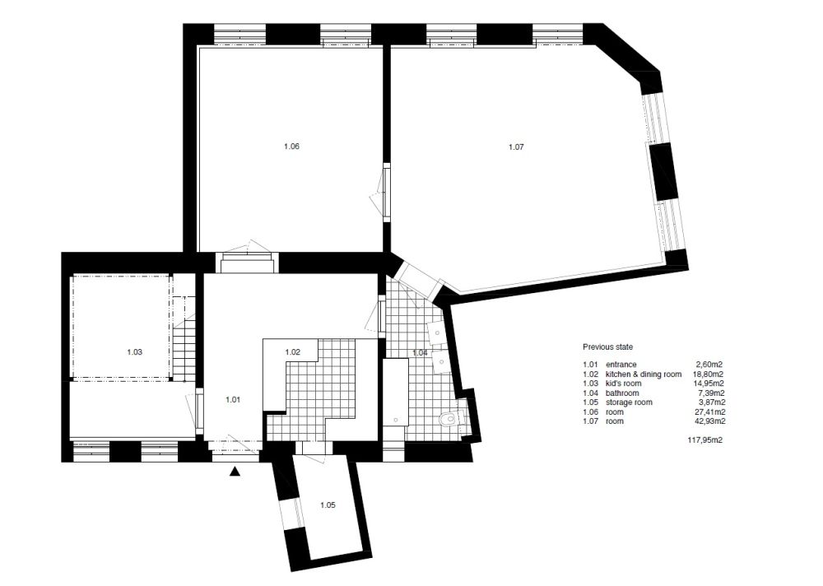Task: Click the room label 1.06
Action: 291,146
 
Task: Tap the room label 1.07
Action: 516,147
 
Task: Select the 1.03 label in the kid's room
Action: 134,351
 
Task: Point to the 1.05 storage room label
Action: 328,505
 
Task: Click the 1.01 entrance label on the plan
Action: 233,400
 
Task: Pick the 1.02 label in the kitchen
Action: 292,351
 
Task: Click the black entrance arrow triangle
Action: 235,472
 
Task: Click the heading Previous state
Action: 608,347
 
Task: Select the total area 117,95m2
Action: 705,440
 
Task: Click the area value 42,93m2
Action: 709,421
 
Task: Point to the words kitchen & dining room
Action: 644,374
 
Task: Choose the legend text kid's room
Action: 624,384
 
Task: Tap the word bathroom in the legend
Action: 622,393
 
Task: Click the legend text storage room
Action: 629,402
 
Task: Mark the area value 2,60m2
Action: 709,365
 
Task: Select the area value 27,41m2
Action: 709,412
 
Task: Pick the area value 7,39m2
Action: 711,393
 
